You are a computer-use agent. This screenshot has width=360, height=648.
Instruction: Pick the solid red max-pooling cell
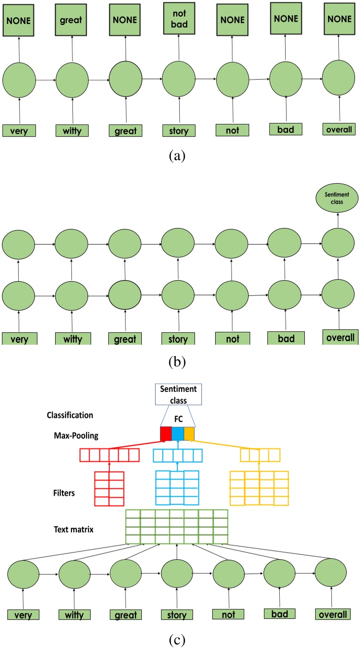coord(166,434)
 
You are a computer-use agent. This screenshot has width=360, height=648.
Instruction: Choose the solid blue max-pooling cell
coord(178,434)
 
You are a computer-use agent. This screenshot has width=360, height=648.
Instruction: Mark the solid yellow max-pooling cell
coord(189,434)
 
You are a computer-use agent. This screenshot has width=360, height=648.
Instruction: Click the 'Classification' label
coord(70,415)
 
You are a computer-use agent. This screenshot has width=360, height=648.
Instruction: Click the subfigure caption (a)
coord(177,156)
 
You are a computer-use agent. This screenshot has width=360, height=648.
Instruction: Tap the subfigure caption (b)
coord(177,362)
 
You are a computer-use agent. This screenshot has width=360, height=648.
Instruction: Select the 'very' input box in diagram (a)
coord(19,130)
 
